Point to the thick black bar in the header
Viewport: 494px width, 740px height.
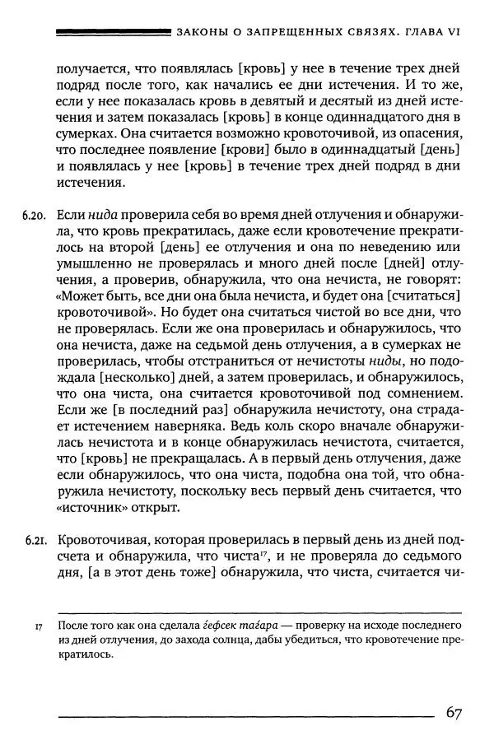pos(111,33)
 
